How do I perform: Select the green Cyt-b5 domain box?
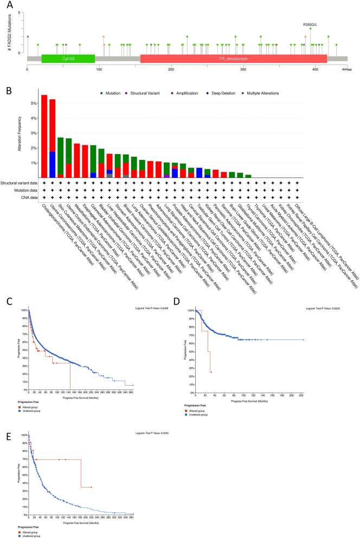click(68, 59)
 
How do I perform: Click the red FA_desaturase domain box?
click(233, 59)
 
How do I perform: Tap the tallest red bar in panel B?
click(44, 136)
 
